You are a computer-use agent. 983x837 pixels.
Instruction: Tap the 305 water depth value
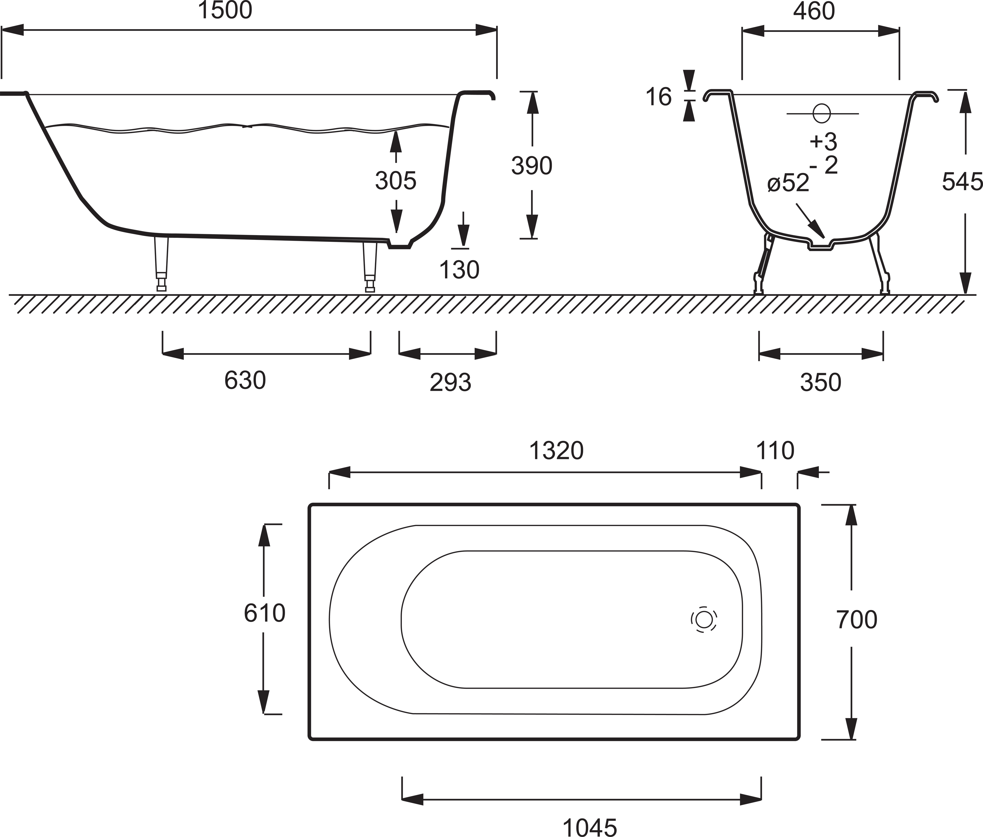coord(396,181)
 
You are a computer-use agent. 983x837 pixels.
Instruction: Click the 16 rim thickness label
coord(659,97)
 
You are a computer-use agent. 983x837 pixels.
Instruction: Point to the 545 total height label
coord(962,182)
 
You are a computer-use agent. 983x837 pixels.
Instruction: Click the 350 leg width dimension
coord(821,382)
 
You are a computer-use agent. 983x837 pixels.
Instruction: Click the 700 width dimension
coord(857,620)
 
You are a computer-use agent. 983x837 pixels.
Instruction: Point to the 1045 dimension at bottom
coord(590,815)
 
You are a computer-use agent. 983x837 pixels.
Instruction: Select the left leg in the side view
coord(161,263)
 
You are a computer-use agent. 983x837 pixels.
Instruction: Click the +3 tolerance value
coord(824,141)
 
